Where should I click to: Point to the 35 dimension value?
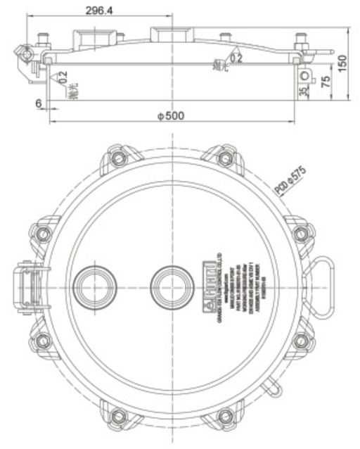[303, 91]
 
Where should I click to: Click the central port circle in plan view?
[169, 286]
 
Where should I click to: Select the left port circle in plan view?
[94, 286]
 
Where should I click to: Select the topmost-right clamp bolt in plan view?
[225, 156]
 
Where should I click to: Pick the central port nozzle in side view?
[170, 33]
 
